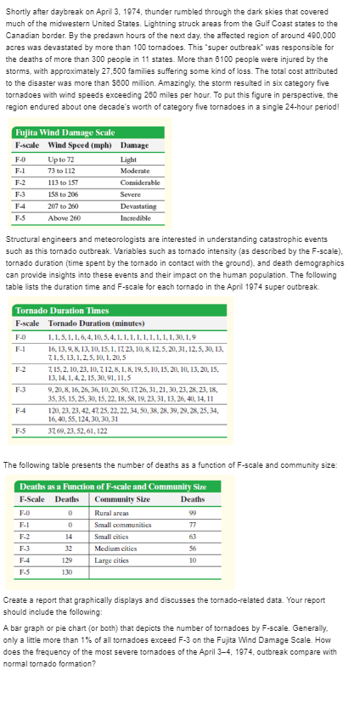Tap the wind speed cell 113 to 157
(x=65, y=182)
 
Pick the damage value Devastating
(x=138, y=205)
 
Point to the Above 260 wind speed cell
(x=64, y=217)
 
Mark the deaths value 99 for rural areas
(x=194, y=510)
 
